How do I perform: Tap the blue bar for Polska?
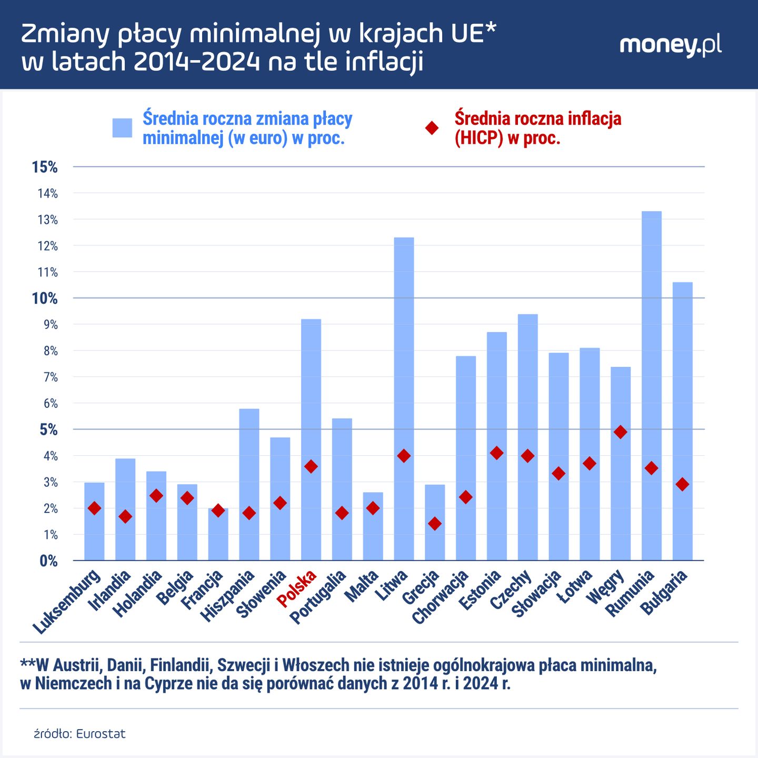tap(311, 440)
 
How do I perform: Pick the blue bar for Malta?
tap(373, 526)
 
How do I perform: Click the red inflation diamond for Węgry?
tap(621, 432)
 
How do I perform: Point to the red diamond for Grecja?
tap(435, 523)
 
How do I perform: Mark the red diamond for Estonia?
tap(496, 453)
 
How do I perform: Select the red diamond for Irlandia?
tap(125, 516)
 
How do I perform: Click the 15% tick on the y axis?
tap(45, 167)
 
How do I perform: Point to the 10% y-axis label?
tap(45, 298)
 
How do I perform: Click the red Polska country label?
tap(297, 588)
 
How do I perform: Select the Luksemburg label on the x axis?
tap(67, 602)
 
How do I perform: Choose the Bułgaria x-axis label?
tap(664, 592)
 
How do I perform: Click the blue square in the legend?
tap(122, 128)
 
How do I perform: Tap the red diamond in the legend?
tap(432, 128)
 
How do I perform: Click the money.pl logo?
tap(670, 45)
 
